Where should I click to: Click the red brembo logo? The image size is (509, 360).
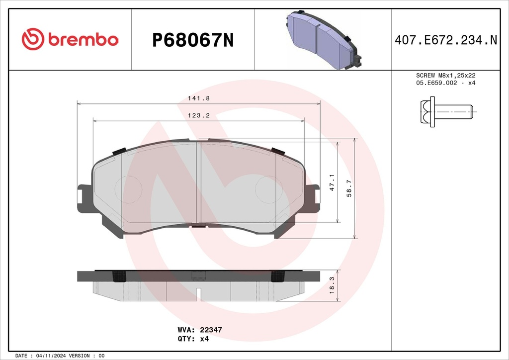(70, 39)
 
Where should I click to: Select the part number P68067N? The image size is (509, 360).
(193, 40)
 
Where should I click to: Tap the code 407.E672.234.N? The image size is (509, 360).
(446, 40)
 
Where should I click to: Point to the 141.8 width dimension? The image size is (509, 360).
(199, 98)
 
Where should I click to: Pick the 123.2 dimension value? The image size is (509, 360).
(199, 115)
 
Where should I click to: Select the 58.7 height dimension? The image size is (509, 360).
(349, 188)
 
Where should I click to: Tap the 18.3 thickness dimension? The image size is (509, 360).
(332, 285)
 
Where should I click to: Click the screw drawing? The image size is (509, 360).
(447, 112)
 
